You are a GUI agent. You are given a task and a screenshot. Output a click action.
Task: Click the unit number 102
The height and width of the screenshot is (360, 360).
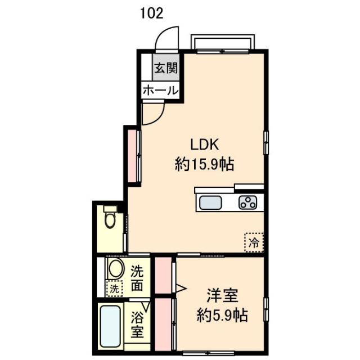point(151,13)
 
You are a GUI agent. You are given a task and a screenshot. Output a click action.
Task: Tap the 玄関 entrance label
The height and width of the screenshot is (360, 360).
point(166,68)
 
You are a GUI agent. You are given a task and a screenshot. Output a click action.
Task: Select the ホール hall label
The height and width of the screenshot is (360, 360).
point(160,91)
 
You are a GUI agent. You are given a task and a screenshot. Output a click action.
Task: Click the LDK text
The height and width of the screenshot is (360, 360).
point(205,145)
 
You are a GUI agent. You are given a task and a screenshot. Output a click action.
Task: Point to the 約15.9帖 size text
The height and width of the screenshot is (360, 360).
point(204,164)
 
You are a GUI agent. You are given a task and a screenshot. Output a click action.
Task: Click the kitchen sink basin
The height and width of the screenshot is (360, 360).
point(210,202)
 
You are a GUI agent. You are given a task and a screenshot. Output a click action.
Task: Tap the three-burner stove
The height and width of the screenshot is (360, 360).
point(247,202)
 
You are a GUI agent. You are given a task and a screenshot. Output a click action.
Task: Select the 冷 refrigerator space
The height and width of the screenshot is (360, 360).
point(254,242)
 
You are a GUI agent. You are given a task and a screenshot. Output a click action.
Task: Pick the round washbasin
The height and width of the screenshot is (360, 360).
point(115,269)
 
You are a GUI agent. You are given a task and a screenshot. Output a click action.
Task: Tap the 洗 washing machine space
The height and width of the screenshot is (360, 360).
point(114,289)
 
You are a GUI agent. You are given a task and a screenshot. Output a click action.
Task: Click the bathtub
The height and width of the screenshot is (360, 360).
point(110,326)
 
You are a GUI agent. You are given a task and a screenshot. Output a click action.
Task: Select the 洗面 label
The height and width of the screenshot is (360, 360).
point(137,278)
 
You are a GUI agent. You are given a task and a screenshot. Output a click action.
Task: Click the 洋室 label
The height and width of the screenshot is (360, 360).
point(222,296)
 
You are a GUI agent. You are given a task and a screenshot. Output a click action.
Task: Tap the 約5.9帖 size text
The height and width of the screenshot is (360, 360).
point(222,316)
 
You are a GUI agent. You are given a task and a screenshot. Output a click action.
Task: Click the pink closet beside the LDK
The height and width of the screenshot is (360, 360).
point(132,156)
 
